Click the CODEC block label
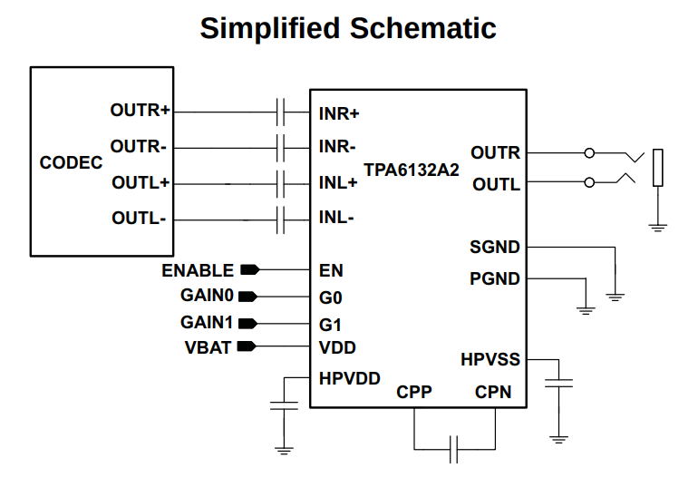click(72, 163)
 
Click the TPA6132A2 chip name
click(412, 170)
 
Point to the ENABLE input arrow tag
click(249, 270)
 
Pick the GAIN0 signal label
click(207, 296)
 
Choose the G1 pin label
click(330, 324)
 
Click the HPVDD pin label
click(349, 378)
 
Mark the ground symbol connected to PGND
click(586, 310)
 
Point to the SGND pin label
click(495, 247)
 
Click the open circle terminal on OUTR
click(590, 153)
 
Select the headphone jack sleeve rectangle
click(658, 168)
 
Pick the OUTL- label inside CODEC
click(139, 219)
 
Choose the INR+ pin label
click(339, 114)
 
